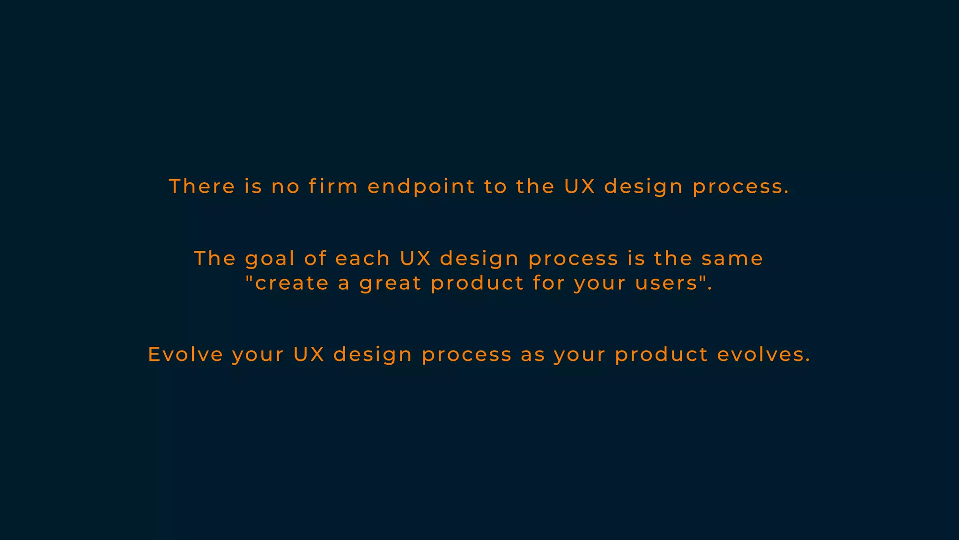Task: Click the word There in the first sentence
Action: [202, 187]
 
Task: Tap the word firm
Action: [333, 187]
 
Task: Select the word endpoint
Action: [421, 187]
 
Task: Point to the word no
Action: [286, 187]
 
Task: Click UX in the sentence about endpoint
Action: [579, 187]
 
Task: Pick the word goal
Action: [270, 259]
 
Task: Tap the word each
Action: [363, 259]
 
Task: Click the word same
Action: [732, 259]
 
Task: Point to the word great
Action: [391, 284]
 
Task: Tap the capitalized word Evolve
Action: [185, 354]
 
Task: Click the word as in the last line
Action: [533, 355]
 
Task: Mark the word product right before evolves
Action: [661, 355]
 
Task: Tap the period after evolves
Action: [808, 361]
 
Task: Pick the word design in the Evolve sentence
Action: [373, 355]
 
